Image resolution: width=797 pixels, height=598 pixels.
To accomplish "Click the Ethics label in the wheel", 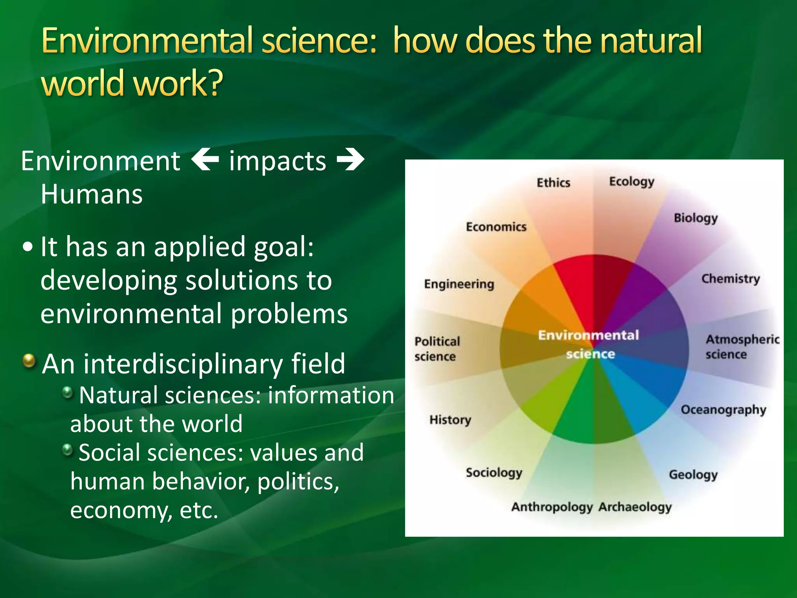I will click(x=553, y=183).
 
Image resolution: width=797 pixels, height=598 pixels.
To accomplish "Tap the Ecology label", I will click(x=631, y=182).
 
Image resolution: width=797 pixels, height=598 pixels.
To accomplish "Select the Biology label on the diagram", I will click(x=695, y=218).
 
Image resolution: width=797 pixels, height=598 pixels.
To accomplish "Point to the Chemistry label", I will click(x=730, y=279).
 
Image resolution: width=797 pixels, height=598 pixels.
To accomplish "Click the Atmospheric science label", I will click(x=742, y=346).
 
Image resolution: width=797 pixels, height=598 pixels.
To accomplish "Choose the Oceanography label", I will click(x=723, y=410).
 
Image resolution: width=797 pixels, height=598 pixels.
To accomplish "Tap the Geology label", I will click(x=693, y=475).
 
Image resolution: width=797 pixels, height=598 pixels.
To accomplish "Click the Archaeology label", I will click(x=635, y=507).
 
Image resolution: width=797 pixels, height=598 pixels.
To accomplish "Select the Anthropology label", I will click(x=552, y=507).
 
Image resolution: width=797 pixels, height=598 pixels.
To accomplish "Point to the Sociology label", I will click(x=494, y=473).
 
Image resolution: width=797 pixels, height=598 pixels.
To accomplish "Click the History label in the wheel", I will click(x=450, y=420).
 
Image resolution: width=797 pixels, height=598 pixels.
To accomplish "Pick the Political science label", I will click(x=437, y=349).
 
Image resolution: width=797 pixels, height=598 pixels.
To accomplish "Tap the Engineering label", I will click(x=459, y=284).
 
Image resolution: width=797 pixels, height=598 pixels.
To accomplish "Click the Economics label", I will click(x=496, y=227).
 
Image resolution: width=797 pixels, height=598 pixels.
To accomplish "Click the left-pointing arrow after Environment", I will click(x=205, y=160).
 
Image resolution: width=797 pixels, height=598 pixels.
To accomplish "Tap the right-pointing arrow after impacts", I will click(x=350, y=160).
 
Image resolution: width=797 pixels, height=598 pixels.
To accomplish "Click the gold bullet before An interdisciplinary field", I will click(x=29, y=361).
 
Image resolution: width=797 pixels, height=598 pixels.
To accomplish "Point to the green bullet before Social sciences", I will click(x=68, y=450).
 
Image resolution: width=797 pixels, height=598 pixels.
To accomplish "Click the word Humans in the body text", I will click(x=92, y=194).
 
